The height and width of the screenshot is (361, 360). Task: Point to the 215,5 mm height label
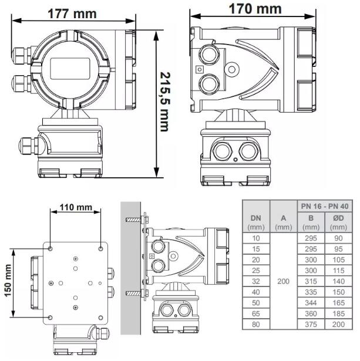coord(170,102)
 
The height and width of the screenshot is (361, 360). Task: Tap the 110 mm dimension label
coord(75,207)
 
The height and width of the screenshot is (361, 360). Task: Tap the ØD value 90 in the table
coord(339,239)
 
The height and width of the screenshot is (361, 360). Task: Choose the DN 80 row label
coord(256,325)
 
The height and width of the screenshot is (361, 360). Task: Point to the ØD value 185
coord(339,314)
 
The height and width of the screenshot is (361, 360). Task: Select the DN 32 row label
coord(256,282)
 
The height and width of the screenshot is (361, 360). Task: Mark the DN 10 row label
coord(256,239)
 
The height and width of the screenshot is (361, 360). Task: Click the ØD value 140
coord(339,282)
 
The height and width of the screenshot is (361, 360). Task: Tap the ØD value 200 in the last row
coord(339,325)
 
